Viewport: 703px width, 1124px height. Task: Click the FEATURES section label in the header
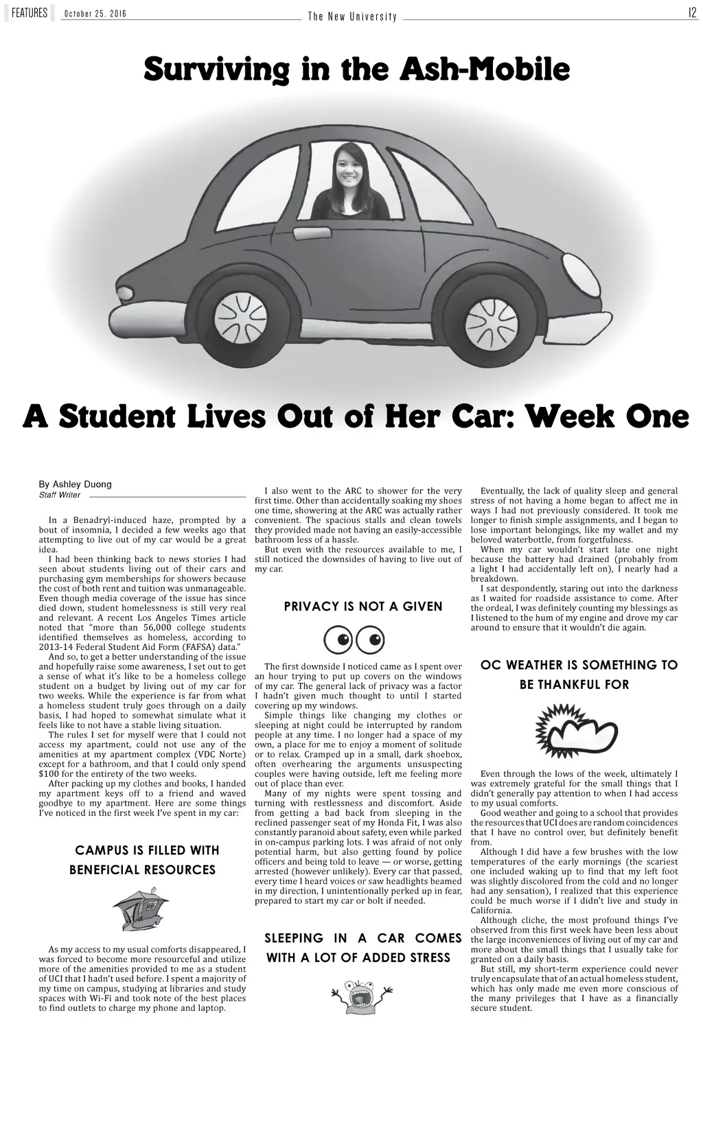pyautogui.click(x=29, y=13)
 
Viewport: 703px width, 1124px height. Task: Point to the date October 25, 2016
pyautogui.click(x=95, y=14)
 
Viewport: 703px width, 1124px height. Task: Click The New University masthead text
pyautogui.click(x=352, y=16)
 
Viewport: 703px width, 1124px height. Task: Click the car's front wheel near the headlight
pyautogui.click(x=492, y=318)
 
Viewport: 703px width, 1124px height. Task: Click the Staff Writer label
pyautogui.click(x=60, y=495)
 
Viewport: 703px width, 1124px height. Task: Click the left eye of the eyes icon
pyautogui.click(x=338, y=640)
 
